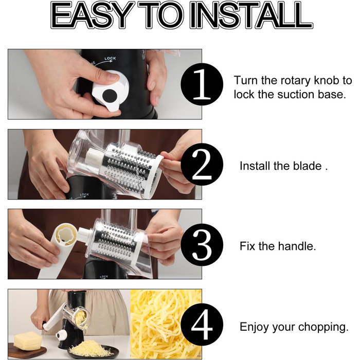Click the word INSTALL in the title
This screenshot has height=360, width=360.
pos(251,15)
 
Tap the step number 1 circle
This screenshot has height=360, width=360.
pos(202,84)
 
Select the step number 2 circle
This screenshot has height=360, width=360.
pos(202,165)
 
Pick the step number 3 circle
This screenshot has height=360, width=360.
pos(202,245)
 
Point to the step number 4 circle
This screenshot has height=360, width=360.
pos(202,325)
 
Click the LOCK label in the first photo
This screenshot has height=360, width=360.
pos(110,59)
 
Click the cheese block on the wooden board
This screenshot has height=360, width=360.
pos(28,340)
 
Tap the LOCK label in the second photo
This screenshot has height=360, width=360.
pos(84,195)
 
